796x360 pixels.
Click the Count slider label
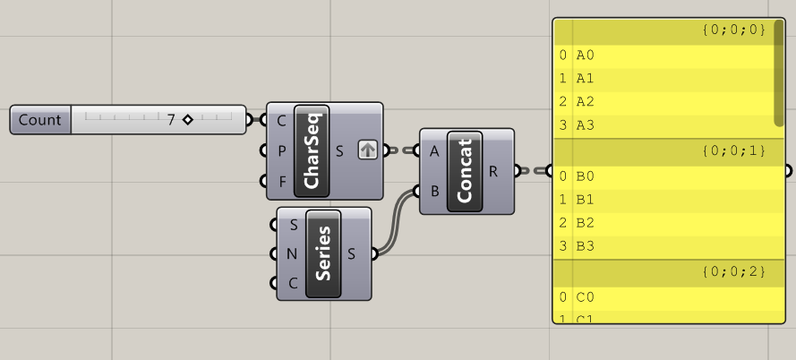pos(40,120)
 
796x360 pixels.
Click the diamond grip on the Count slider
pos(187,119)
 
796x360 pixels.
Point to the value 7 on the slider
pos(170,119)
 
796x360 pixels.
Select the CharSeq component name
pos(312,150)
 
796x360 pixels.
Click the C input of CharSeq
pos(282,120)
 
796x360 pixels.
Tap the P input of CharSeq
pos(282,150)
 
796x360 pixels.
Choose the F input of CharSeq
pos(282,181)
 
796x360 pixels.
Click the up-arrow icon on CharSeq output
pos(367,150)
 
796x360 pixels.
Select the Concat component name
pos(464,171)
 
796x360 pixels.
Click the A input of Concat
pos(434,150)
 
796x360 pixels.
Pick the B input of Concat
pos(434,191)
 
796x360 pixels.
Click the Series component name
pos(323,253)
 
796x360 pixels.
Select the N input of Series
pos(293,253)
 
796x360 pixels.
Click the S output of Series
pos(352,253)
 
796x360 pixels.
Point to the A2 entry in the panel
pos(586,101)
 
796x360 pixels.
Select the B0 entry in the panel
pos(586,176)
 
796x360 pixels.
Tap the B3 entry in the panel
pos(586,245)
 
